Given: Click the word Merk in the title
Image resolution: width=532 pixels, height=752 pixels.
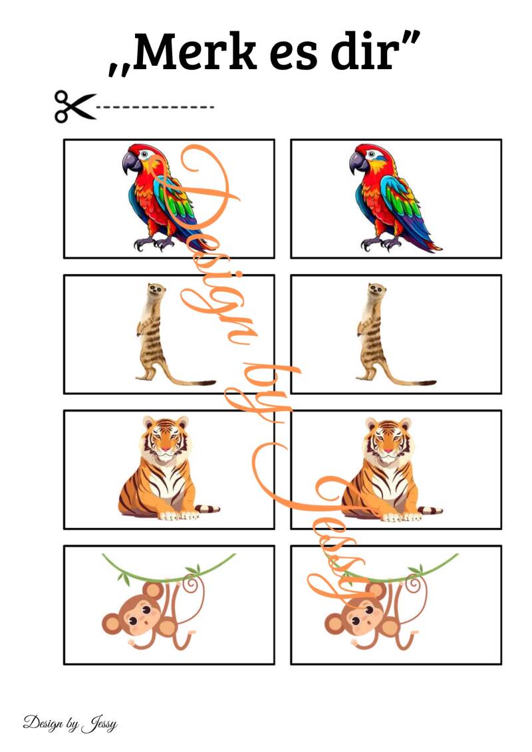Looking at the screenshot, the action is click(194, 51).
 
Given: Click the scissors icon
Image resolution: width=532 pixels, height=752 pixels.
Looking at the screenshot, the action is click(75, 106).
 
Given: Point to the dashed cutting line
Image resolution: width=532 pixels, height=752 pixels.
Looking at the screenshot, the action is click(156, 107).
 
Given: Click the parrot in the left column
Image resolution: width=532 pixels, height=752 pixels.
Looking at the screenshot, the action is click(162, 197).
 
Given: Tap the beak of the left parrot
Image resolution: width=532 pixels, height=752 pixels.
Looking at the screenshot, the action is click(130, 163).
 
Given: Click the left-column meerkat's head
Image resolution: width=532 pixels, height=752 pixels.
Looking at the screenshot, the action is click(156, 289).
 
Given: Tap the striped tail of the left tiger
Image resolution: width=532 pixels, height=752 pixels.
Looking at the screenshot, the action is click(207, 509).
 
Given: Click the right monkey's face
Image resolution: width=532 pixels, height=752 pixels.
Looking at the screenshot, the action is click(364, 614).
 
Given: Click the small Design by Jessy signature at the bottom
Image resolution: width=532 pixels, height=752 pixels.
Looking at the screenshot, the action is click(70, 723).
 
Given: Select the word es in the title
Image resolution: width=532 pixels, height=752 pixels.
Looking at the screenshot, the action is click(293, 56).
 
